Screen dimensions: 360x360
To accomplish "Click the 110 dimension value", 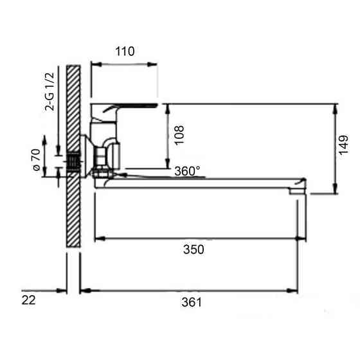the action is point(125,51).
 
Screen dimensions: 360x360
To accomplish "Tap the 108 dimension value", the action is point(179,135).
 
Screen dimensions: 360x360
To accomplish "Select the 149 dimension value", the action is point(343,145).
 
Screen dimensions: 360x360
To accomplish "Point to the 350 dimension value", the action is point(194,249).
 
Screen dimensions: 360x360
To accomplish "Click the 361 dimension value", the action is point(192,302).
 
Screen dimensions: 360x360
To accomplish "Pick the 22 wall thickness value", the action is point(29,300).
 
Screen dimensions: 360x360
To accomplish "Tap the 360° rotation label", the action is point(187,171).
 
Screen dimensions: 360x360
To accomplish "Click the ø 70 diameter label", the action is point(37,159).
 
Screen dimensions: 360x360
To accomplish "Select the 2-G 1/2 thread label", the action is point(50,92).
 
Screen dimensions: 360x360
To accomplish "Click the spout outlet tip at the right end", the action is point(298,190).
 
